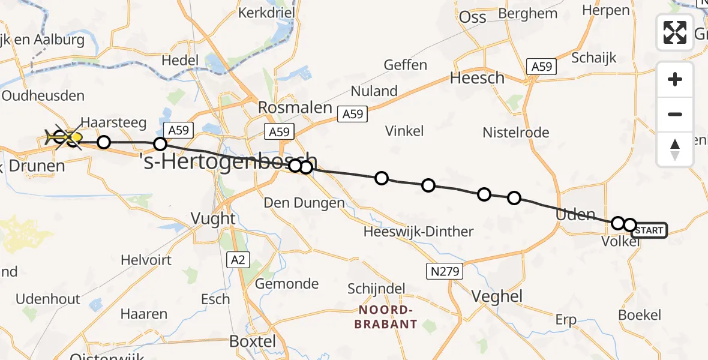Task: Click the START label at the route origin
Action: [649, 230]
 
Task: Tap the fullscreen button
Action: [675, 32]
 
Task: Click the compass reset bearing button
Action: [675, 149]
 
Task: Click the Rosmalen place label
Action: [295, 107]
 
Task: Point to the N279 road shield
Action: [445, 272]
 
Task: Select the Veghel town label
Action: [497, 296]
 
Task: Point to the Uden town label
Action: [575, 215]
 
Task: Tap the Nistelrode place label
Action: [516, 133]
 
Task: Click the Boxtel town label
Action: [253, 341]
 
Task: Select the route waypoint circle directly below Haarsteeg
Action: [104, 142]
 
